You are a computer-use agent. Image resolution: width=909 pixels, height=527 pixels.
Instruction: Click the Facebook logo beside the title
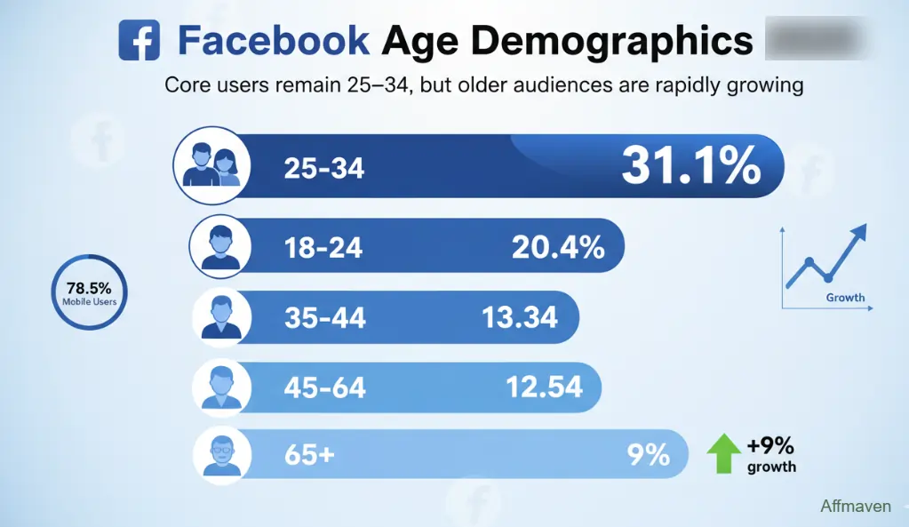(139, 40)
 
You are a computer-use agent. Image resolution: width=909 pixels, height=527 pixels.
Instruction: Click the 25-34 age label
(324, 168)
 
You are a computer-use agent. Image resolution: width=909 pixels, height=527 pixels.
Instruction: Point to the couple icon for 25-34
(212, 165)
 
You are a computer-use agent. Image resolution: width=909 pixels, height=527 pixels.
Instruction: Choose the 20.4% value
(558, 247)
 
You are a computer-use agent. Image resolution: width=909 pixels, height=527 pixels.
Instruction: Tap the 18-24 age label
(323, 247)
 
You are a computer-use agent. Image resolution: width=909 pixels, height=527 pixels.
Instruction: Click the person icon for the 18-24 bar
(221, 245)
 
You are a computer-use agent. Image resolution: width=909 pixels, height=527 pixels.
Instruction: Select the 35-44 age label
(324, 317)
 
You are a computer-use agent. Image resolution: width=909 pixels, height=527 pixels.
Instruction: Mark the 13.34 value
(519, 316)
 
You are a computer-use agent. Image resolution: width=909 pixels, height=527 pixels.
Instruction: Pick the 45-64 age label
(324, 387)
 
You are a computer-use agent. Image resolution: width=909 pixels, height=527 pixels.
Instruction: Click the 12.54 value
(544, 387)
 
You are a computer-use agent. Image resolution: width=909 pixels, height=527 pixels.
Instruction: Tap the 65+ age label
(309, 455)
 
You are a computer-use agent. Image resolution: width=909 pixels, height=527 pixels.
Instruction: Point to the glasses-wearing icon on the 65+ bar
(221, 453)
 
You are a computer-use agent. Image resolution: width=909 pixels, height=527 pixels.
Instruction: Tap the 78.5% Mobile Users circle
(89, 292)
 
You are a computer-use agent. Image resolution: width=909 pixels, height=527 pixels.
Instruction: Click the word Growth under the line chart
(845, 298)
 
